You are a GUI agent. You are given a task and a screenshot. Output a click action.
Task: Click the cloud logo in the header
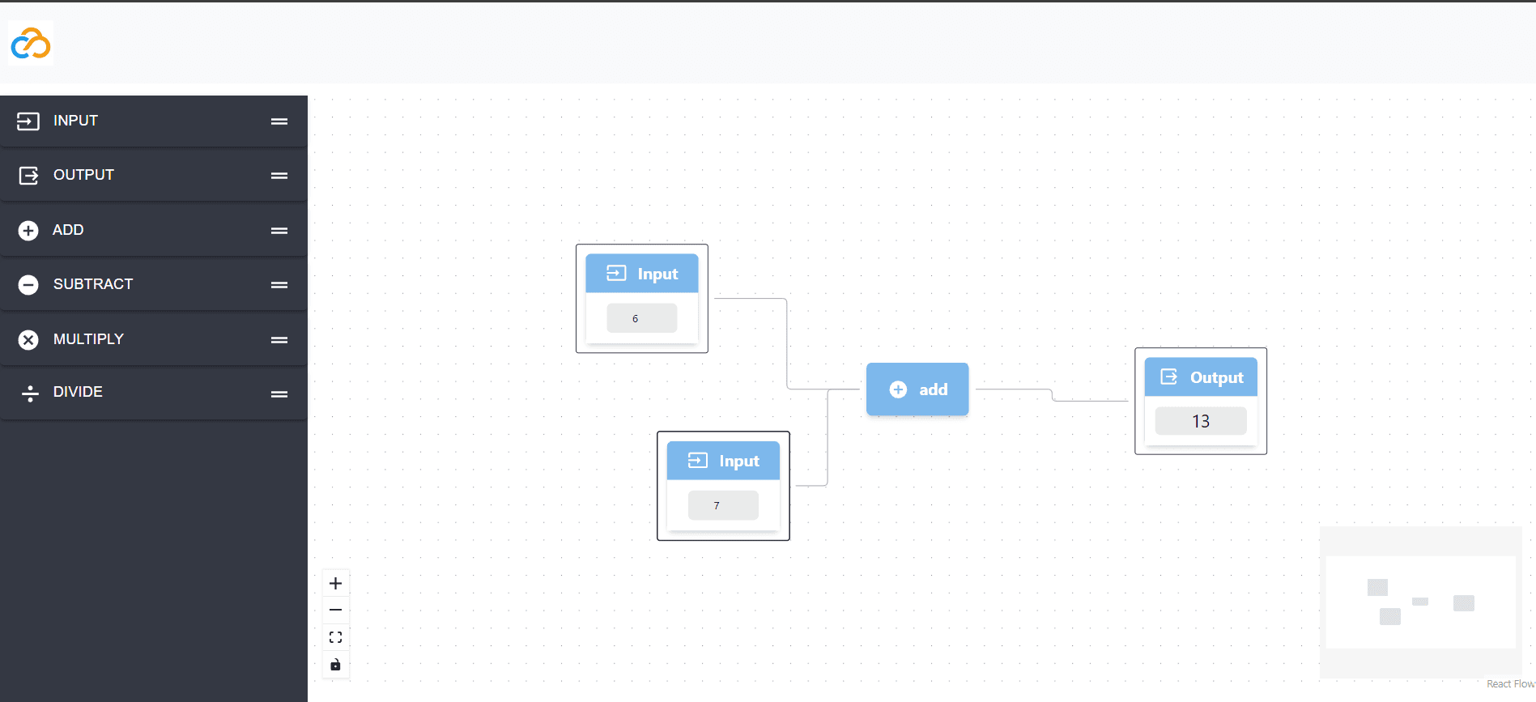click(x=31, y=43)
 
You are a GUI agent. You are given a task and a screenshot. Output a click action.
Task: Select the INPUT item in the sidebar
click(x=154, y=121)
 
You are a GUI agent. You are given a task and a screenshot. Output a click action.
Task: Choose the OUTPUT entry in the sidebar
click(x=154, y=176)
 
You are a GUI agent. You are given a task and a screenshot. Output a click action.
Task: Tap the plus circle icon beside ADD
click(x=28, y=231)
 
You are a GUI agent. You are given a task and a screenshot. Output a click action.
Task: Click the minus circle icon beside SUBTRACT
click(x=28, y=285)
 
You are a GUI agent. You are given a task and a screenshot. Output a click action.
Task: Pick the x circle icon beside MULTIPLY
click(x=28, y=340)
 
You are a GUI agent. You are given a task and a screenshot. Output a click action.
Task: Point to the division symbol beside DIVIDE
click(x=30, y=394)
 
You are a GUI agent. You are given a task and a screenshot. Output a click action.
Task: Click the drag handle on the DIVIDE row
click(x=279, y=394)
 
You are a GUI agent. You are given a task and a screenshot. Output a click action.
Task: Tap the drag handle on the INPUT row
click(x=279, y=121)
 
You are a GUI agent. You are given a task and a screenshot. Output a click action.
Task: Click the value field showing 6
click(x=642, y=318)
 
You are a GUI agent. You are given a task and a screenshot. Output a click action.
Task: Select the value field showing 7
click(x=723, y=505)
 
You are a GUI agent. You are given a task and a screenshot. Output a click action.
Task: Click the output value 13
click(x=1201, y=421)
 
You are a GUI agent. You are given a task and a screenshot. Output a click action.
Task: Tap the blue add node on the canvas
click(x=917, y=389)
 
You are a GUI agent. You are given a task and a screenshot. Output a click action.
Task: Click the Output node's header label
click(x=1217, y=378)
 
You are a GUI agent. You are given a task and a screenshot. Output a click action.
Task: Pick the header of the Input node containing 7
click(x=723, y=461)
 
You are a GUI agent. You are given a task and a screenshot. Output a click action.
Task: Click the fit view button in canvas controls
click(x=335, y=637)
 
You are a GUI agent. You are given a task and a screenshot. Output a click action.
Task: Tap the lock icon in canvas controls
click(x=335, y=665)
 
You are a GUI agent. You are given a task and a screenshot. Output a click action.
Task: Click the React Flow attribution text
click(x=1511, y=684)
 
